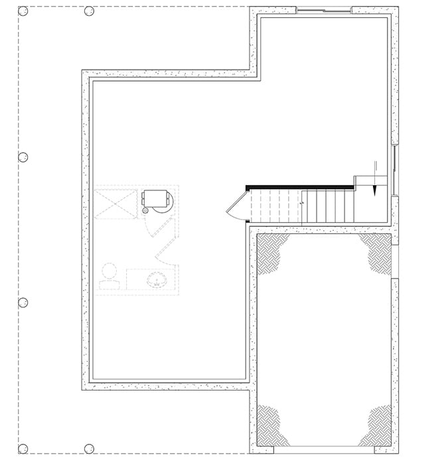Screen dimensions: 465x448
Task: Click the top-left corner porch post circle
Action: tap(23, 11)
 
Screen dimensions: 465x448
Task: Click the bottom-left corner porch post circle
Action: tap(23, 448)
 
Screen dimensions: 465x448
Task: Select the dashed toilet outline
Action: tap(108, 276)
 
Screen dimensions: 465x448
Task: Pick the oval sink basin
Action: tap(156, 279)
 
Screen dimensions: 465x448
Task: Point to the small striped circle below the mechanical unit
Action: tap(146, 210)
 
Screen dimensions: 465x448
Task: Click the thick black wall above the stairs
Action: tap(299, 188)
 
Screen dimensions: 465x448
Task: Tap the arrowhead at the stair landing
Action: tap(375, 190)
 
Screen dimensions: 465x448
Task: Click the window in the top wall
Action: tap(323, 10)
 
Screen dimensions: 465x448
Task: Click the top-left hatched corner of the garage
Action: tap(271, 253)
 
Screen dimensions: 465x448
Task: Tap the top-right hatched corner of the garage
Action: tap(376, 251)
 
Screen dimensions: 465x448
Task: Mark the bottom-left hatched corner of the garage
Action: tap(271, 425)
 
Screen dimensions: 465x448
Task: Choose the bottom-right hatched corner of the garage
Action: tap(376, 425)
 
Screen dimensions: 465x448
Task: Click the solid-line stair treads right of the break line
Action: tap(328, 206)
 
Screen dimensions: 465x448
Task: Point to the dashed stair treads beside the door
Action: tap(275, 206)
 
